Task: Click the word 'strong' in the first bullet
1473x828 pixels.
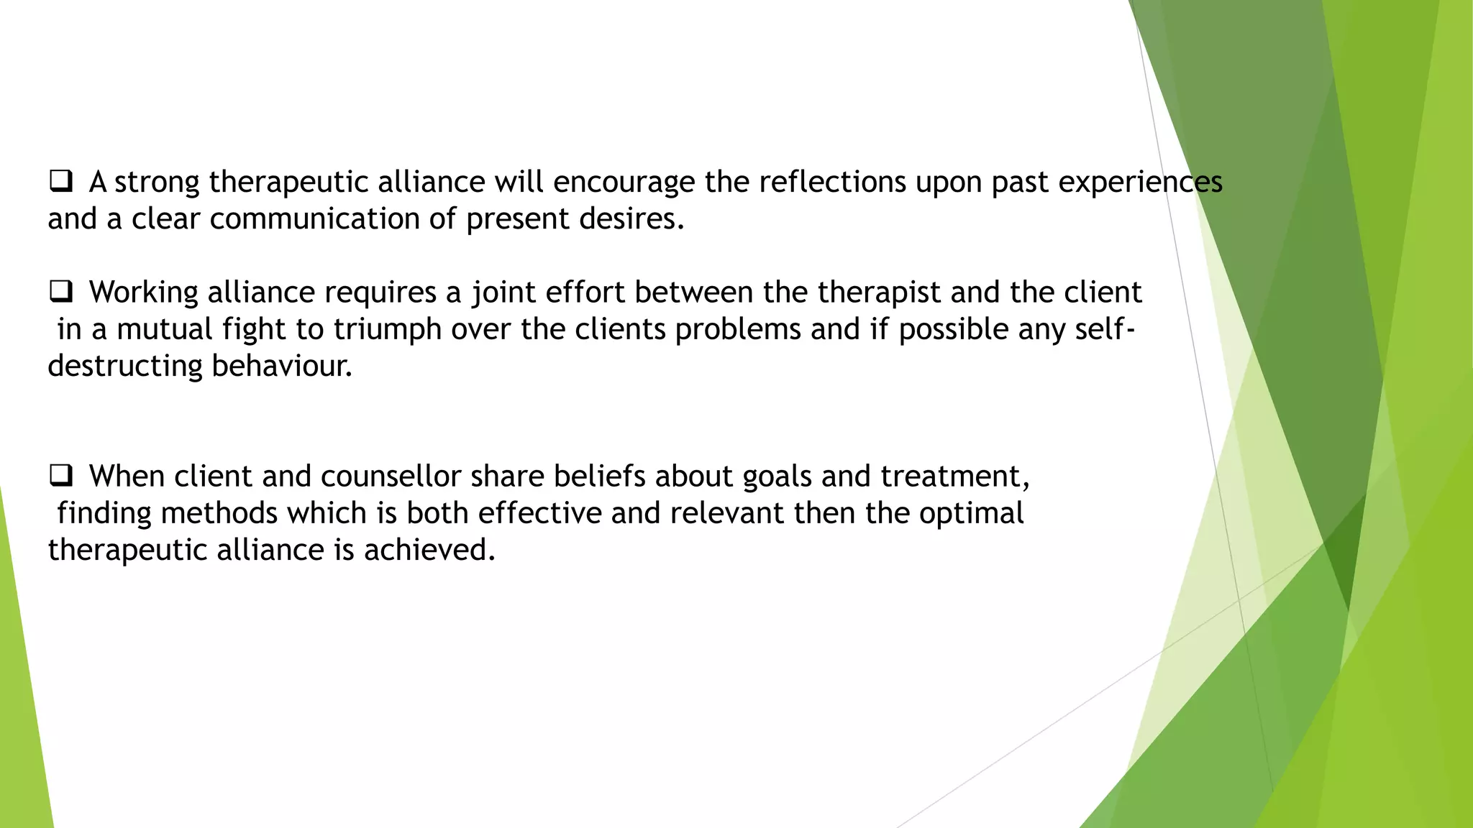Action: (x=157, y=183)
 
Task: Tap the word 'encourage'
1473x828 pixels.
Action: (x=624, y=183)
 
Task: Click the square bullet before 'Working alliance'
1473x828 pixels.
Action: (x=60, y=292)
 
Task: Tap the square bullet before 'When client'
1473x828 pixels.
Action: (x=60, y=476)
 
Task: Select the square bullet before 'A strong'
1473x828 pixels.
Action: (x=60, y=181)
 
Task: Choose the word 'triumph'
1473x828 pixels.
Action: (x=387, y=330)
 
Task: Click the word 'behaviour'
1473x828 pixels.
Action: (x=281, y=366)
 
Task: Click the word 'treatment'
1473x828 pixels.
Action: (x=954, y=477)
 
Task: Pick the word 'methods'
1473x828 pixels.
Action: (x=219, y=513)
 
